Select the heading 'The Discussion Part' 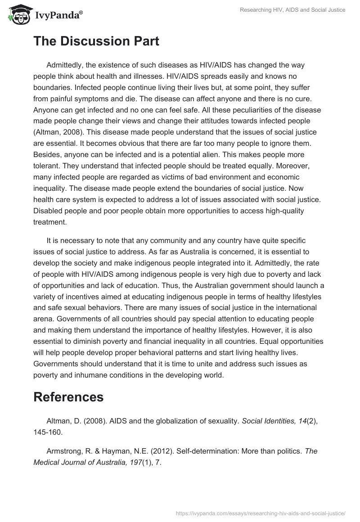tap(96, 41)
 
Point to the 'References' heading tap(68, 397)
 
